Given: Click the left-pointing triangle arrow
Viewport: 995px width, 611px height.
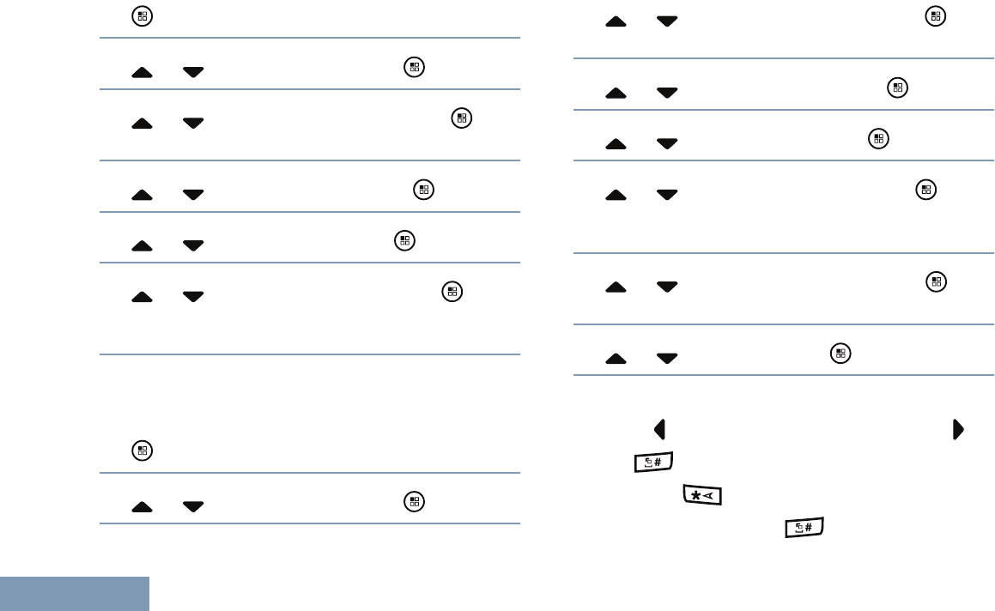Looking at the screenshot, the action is (659, 428).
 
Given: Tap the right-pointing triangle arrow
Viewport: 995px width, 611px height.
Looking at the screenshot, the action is (957, 428).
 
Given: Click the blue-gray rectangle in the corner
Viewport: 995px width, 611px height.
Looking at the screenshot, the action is (75, 594).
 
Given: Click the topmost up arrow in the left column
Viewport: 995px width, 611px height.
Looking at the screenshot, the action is (143, 73).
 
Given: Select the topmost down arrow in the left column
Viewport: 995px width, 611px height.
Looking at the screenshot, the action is (193, 73).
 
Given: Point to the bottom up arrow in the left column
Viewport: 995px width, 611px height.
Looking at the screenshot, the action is (143, 507).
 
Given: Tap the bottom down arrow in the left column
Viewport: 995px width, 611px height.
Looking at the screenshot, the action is (193, 507).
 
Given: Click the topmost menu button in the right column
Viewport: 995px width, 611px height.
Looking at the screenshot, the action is (935, 15).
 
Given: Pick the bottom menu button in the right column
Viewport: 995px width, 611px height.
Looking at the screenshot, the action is (840, 352).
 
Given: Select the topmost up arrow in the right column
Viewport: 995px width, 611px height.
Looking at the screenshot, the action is (616, 21).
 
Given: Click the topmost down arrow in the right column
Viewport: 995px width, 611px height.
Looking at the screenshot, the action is (666, 21).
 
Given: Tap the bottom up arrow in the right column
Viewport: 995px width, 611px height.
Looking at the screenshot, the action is (616, 358).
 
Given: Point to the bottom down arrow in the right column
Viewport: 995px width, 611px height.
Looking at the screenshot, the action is (666, 358).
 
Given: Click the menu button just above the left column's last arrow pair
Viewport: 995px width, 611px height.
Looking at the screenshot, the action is (142, 449).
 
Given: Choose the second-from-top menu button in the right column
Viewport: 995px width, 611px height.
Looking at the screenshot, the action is (897, 87).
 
